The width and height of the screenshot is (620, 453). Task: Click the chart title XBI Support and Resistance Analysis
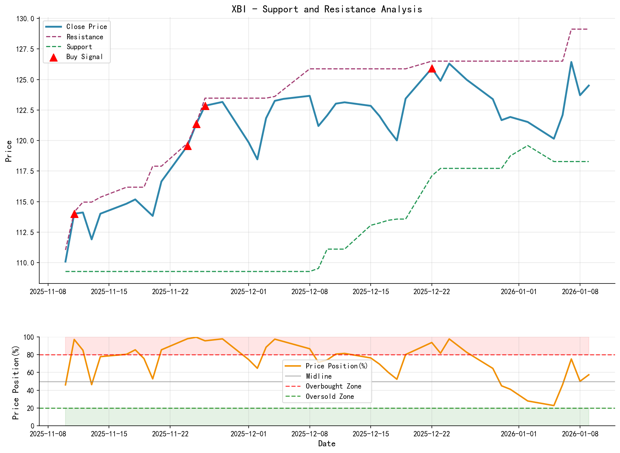[326, 9]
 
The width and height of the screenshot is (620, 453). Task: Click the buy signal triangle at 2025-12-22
[431, 69]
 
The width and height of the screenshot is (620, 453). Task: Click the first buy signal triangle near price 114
[74, 214]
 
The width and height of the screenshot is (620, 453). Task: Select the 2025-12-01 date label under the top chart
[249, 292]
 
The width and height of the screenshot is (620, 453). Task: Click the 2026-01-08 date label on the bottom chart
[580, 434]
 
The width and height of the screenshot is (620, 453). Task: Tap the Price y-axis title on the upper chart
[9, 151]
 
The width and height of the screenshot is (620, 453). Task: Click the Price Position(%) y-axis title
[16, 382]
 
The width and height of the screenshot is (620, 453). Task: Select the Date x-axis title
[326, 444]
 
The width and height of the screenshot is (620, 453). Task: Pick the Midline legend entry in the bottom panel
[319, 376]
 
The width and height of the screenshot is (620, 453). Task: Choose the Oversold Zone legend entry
[330, 396]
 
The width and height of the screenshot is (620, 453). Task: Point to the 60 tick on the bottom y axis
[31, 373]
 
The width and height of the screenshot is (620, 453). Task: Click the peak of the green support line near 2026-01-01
[527, 145]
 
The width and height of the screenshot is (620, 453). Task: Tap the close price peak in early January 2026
[571, 62]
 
